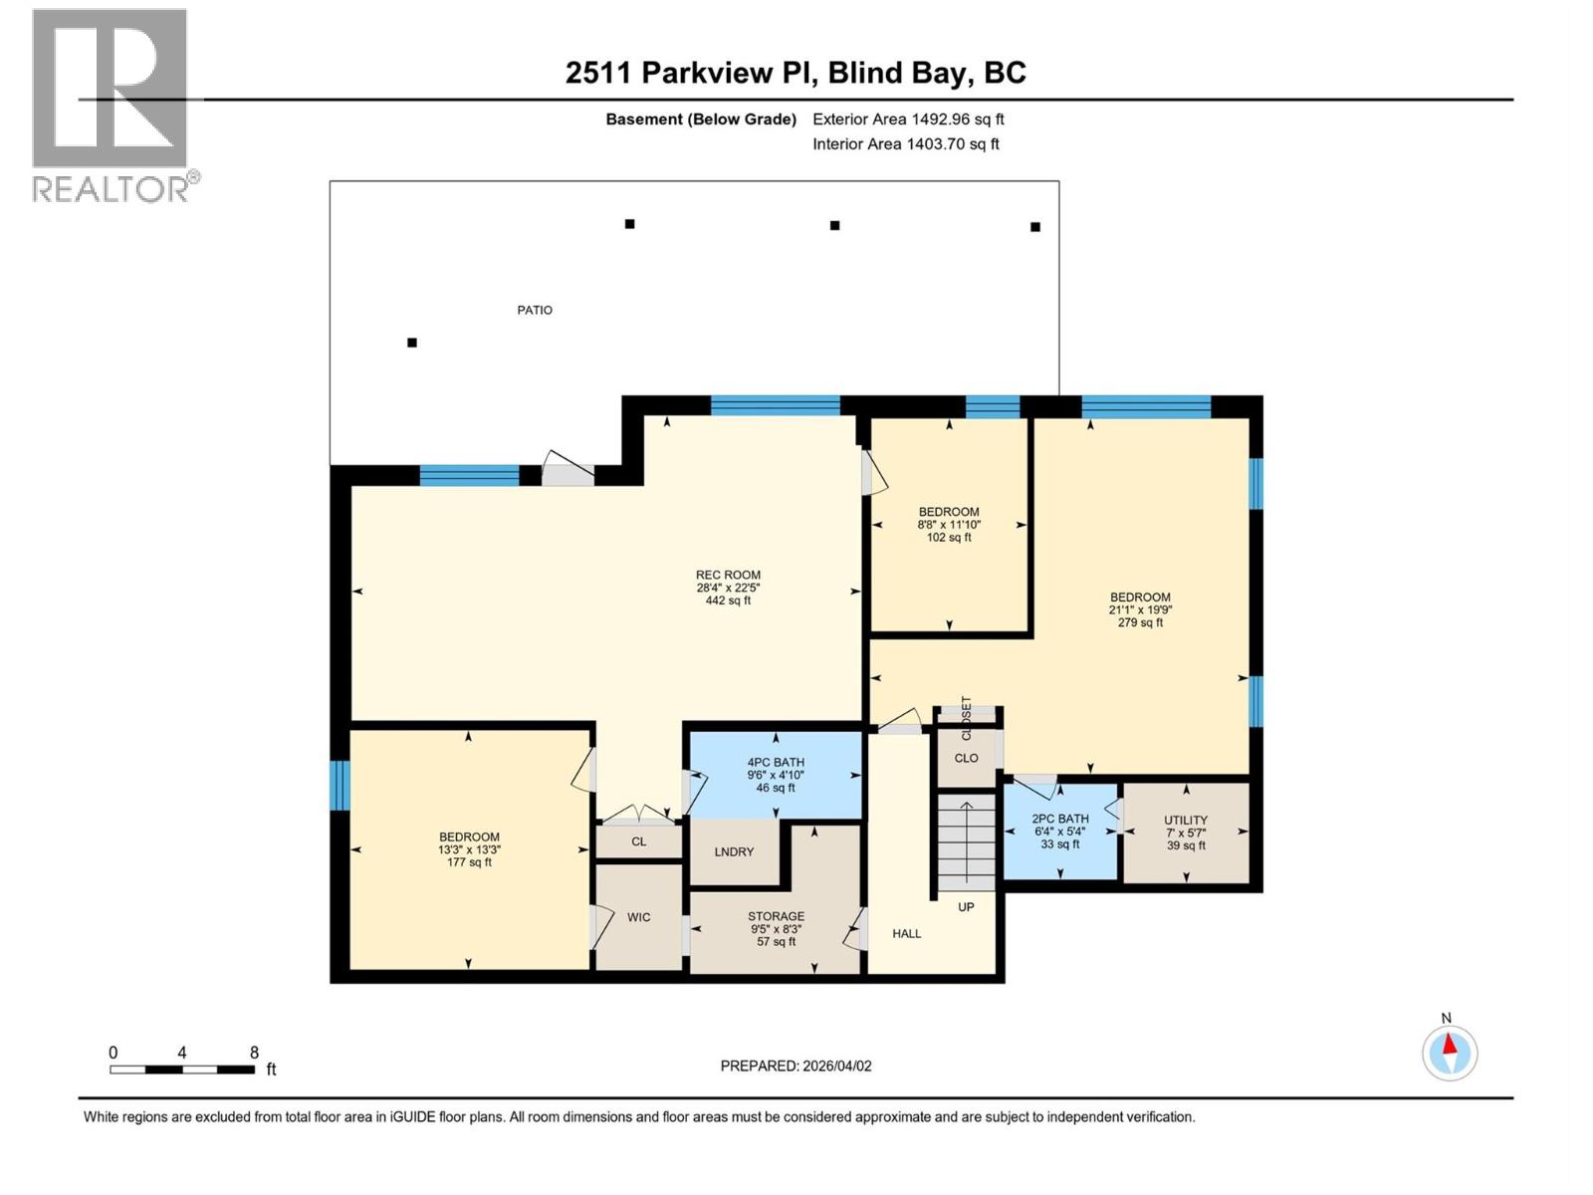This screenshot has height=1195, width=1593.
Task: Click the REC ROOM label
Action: pyautogui.click(x=728, y=588)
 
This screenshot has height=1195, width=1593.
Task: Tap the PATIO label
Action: pyautogui.click(x=535, y=310)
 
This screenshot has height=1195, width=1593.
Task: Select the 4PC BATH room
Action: pyautogui.click(x=776, y=775)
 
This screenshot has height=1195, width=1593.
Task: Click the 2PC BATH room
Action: pyautogui.click(x=1060, y=832)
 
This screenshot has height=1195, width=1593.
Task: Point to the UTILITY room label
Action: pyautogui.click(x=1185, y=833)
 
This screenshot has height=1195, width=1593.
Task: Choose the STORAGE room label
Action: pyautogui.click(x=776, y=928)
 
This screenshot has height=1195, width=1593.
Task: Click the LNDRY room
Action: pyautogui.click(x=735, y=852)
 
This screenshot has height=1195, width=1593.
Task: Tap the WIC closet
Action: pyautogui.click(x=638, y=917)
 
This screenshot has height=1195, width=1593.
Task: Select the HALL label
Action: pyautogui.click(x=906, y=934)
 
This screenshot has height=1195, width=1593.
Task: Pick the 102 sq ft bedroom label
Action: pyautogui.click(x=949, y=525)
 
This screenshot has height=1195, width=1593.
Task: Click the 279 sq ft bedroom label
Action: pyautogui.click(x=1140, y=609)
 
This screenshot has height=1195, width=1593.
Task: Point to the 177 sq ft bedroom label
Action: pyautogui.click(x=469, y=849)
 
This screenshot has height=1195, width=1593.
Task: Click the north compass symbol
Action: pyautogui.click(x=1450, y=1052)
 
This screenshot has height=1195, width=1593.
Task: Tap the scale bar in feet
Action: pyautogui.click(x=182, y=1070)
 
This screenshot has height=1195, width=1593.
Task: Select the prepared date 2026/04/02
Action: pyautogui.click(x=796, y=1066)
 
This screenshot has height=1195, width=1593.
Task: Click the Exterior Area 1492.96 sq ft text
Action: pyautogui.click(x=908, y=119)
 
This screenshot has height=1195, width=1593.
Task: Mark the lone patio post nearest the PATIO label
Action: pyautogui.click(x=412, y=343)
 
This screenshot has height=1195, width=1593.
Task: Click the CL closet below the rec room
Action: pyautogui.click(x=638, y=841)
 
